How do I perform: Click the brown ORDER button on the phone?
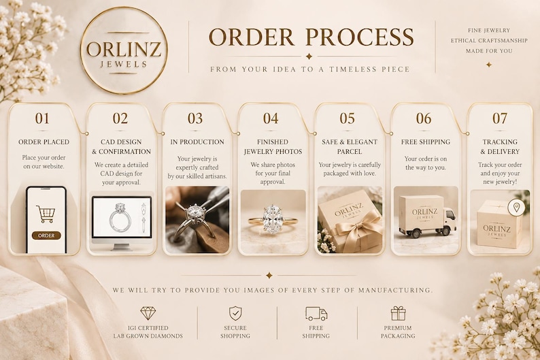pyautogui.click(x=46, y=235)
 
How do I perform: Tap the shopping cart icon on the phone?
pyautogui.click(x=46, y=214)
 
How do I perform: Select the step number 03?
pyautogui.click(x=195, y=118)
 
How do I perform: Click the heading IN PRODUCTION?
pyautogui.click(x=197, y=142)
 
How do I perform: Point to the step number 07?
pyautogui.click(x=500, y=118)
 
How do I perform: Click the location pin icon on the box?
pyautogui.click(x=516, y=208)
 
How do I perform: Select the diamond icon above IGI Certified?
pyautogui.click(x=148, y=313)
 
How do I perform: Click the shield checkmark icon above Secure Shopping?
pyautogui.click(x=235, y=313)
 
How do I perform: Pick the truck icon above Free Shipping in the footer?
pyautogui.click(x=316, y=314)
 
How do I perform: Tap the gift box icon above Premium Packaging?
pyautogui.click(x=398, y=313)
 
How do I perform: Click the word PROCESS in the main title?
pyautogui.click(x=360, y=37)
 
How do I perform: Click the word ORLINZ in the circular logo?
pyautogui.click(x=124, y=49)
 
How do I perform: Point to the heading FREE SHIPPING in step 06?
pyautogui.click(x=426, y=142)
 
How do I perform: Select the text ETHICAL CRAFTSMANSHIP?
pyautogui.click(x=489, y=41)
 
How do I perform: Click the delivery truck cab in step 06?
pyautogui.click(x=449, y=220)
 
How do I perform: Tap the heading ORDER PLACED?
pyautogui.click(x=44, y=142)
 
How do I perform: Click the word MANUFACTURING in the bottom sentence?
pyautogui.click(x=395, y=290)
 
